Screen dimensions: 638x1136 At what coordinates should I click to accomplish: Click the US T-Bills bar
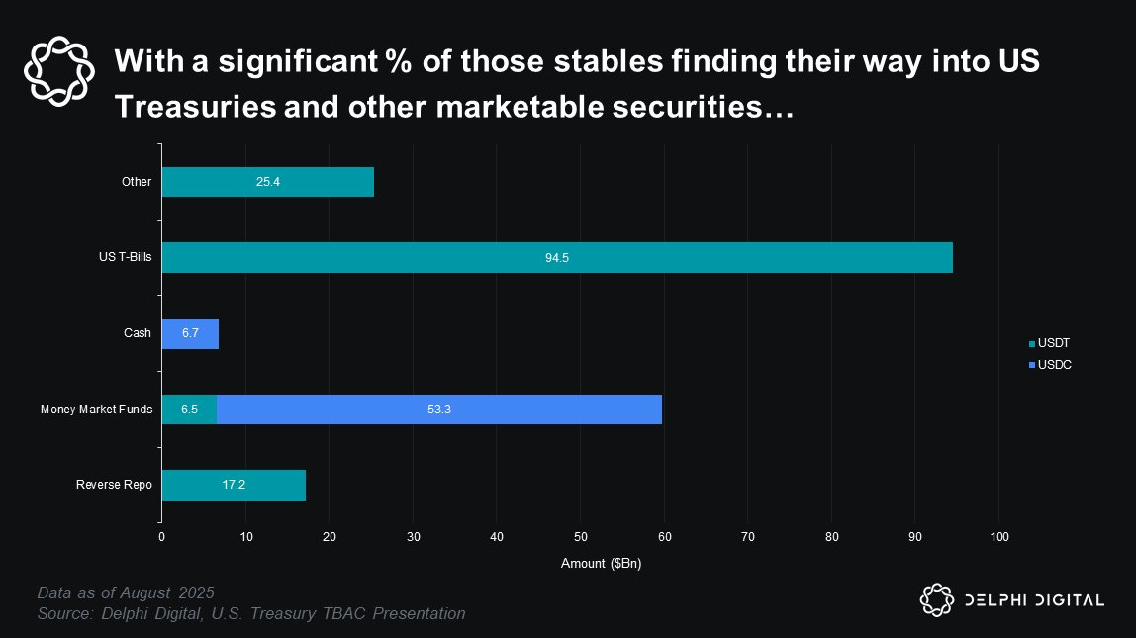[x=557, y=257]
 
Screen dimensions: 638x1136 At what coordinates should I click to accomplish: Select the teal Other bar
[x=267, y=182]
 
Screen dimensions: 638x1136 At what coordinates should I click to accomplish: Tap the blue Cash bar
[x=190, y=333]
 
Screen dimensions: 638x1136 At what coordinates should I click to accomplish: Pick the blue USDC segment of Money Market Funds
[x=439, y=410]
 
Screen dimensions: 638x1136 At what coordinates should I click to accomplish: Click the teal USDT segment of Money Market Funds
[x=189, y=410]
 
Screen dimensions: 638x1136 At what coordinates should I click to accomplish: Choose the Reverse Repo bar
[x=234, y=485]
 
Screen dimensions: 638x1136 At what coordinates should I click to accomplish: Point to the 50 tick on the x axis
[x=580, y=537]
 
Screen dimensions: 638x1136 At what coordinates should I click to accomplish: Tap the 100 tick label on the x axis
[x=998, y=537]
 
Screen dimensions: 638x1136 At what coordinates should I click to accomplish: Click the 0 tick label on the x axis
[x=162, y=537]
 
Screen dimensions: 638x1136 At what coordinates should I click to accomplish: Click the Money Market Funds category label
[x=96, y=410]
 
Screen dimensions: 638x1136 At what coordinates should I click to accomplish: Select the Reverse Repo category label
[x=114, y=485]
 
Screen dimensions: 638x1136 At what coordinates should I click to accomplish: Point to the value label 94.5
[x=557, y=258]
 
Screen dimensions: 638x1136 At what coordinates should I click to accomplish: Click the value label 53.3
[x=439, y=410]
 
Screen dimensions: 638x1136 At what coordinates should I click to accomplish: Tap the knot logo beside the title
[x=59, y=70]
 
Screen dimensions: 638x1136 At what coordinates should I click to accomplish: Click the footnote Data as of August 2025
[x=126, y=593]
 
